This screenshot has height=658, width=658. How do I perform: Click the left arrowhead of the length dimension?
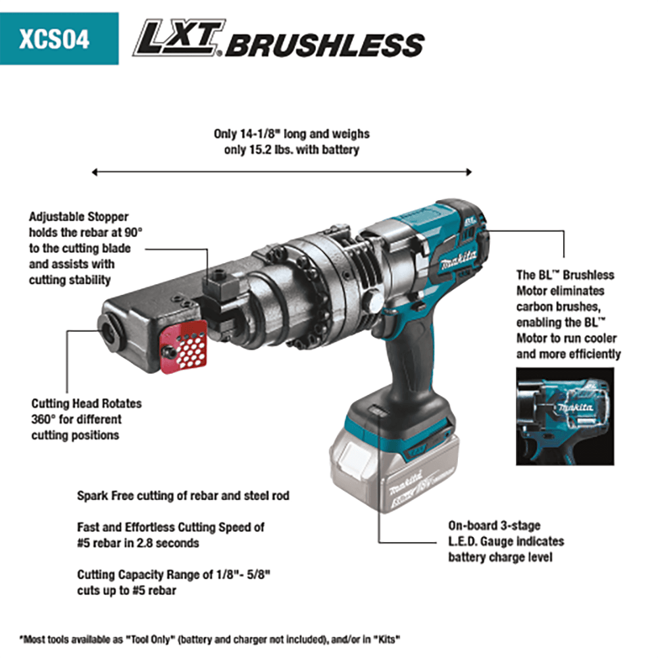click(95, 173)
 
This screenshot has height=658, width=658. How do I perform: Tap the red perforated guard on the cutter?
click(185, 345)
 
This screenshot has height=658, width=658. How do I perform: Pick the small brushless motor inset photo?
click(565, 416)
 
